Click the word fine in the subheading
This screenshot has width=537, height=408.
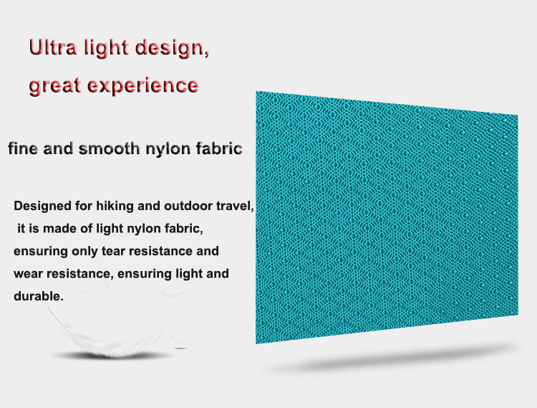tap(23, 150)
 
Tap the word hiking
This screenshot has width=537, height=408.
tap(114, 207)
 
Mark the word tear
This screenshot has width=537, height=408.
tap(120, 252)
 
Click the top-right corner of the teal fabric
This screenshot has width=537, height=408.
tap(516, 114)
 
